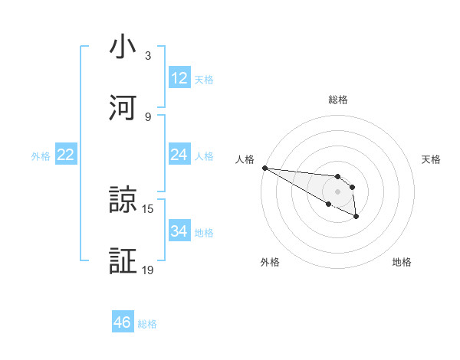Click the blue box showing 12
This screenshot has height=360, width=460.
coord(179,78)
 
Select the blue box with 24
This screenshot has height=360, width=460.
coord(179,155)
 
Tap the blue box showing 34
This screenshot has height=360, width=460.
coord(179,231)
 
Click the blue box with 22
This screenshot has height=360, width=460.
coord(66,155)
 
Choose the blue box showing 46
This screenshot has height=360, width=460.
coord(123,322)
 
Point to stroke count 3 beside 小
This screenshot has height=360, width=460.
coord(148,56)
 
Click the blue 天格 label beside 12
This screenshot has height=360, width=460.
coord(204,79)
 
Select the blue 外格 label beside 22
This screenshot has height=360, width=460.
coord(41,155)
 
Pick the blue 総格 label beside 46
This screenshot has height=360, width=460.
coord(147,323)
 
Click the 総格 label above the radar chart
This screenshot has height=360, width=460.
coord(338,100)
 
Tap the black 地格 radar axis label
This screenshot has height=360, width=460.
coord(402,262)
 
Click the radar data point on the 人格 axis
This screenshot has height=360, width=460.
coord(264,168)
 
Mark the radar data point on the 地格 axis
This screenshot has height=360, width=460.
coord(356,218)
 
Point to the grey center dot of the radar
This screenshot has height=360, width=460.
coord(338,191)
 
